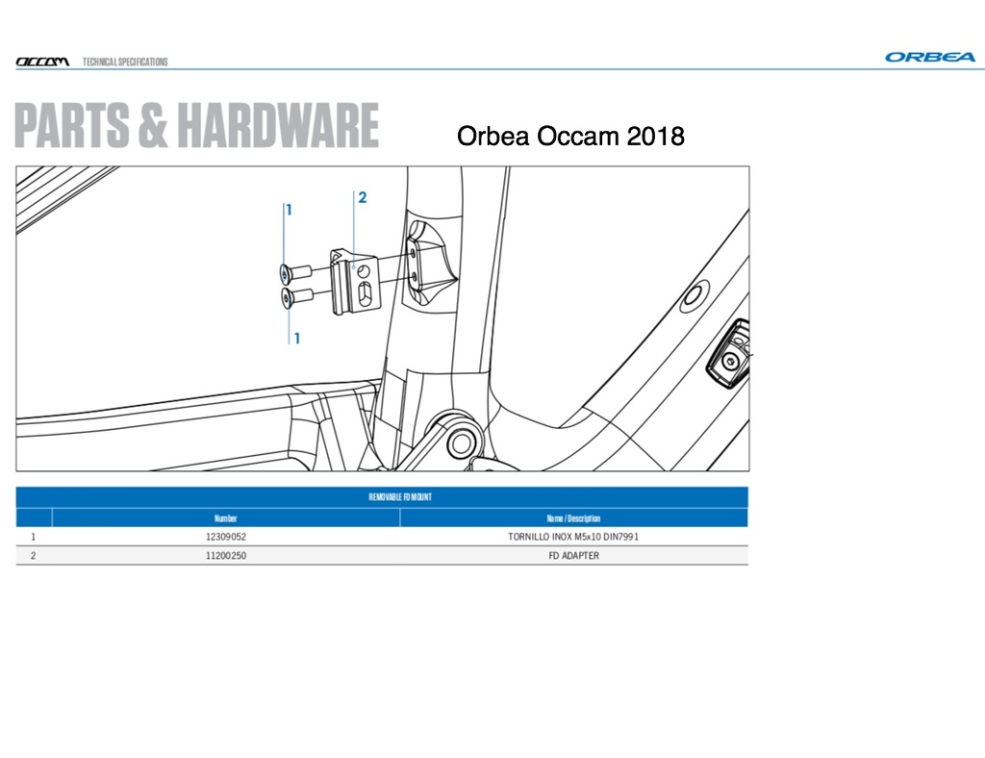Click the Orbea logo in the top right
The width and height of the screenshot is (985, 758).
point(930,57)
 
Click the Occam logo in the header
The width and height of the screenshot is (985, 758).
point(42,62)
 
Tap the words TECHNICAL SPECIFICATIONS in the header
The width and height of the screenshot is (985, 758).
point(125,62)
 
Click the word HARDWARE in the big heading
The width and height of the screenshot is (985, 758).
point(278,126)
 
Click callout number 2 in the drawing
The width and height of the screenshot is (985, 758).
point(363,197)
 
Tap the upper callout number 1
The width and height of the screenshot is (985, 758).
point(289,210)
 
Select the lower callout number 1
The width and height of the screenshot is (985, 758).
point(296,339)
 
